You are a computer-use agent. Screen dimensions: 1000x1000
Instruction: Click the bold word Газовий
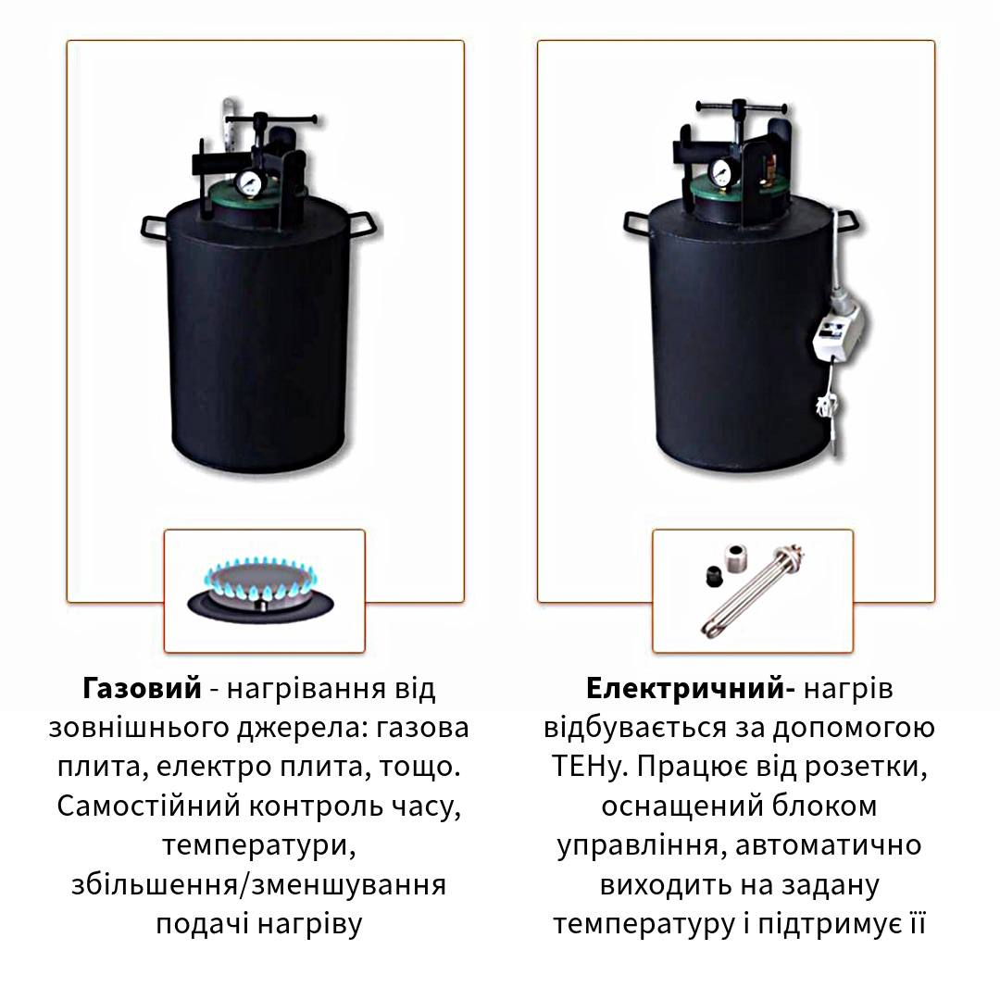coord(142,689)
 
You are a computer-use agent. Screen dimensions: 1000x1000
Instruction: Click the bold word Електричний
coord(685,689)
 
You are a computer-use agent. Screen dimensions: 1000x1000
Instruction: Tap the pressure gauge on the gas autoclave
coord(246,182)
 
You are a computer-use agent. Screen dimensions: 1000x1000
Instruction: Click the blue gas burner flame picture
coord(261,590)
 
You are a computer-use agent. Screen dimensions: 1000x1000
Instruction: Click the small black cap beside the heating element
coord(714,575)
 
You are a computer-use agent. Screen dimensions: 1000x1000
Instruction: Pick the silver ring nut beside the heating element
coord(741,557)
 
